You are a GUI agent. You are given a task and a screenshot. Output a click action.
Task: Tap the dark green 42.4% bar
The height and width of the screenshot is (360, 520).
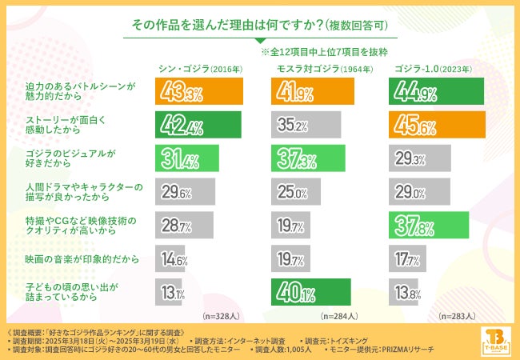pos(198,125)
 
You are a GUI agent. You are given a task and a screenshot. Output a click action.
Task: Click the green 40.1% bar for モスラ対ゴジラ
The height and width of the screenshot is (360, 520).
pos(310,292)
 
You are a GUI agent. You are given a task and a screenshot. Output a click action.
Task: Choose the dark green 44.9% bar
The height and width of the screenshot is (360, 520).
pos(435,91)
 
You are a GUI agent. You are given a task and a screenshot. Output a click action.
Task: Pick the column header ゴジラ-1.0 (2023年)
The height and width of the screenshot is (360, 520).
pos(433,69)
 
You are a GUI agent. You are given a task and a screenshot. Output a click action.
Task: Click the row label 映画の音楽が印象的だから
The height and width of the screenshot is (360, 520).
pos(70,259)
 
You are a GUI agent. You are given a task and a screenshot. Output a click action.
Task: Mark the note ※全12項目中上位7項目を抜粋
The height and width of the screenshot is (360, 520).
pos(326,51)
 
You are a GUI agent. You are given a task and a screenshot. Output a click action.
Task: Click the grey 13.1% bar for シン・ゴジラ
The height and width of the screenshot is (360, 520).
pos(172,292)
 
